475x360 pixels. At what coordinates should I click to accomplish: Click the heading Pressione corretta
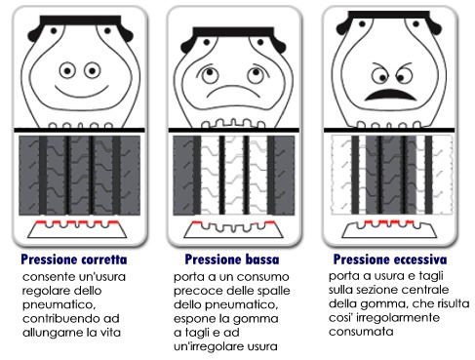pyautogui.click(x=74, y=260)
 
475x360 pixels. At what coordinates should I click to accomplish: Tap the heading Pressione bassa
pyautogui.click(x=232, y=260)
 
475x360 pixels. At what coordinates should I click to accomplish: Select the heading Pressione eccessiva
pyautogui.click(x=390, y=260)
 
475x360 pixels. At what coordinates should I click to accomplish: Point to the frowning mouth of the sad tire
pyautogui.click(x=233, y=90)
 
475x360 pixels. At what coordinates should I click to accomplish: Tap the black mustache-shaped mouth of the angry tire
pyautogui.click(x=390, y=95)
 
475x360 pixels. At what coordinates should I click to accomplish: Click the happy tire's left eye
pyautogui.click(x=67, y=70)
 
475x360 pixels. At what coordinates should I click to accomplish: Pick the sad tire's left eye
pyautogui.click(x=210, y=75)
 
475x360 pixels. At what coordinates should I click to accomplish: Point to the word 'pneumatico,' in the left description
pyautogui.click(x=59, y=305)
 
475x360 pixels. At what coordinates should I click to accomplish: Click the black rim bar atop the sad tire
pyautogui.click(x=233, y=31)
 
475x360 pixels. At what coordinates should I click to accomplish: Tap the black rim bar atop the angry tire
pyautogui.click(x=389, y=15)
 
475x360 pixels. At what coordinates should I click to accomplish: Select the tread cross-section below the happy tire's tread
pyautogui.click(x=77, y=229)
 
